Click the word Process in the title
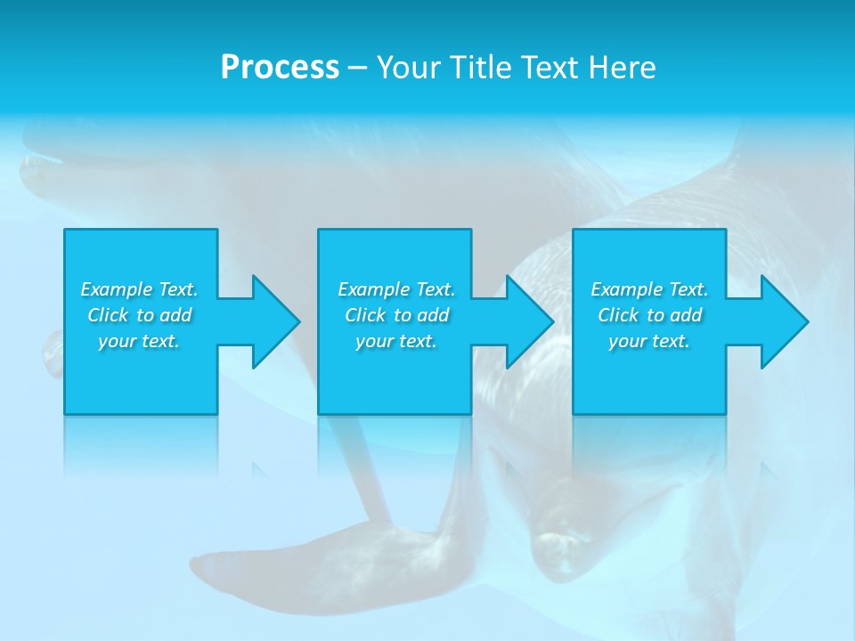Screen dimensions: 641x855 coord(280,68)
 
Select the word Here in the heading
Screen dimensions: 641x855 coord(623,68)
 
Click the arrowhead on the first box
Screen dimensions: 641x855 coord(271,321)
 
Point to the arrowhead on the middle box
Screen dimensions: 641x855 coord(525,321)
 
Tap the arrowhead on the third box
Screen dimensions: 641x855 coord(779,321)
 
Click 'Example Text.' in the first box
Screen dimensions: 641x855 coord(139,289)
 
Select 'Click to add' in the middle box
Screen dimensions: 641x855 coord(396,315)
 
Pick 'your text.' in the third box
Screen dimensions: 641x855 coord(649,341)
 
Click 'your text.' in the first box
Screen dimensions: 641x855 coord(139,341)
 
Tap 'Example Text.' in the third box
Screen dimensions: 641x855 coord(649,289)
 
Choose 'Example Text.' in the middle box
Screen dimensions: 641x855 coord(396,289)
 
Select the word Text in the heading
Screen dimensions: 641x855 coord(550,68)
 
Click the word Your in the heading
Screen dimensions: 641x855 coord(410,68)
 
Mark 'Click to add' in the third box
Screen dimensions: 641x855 coord(649,315)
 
